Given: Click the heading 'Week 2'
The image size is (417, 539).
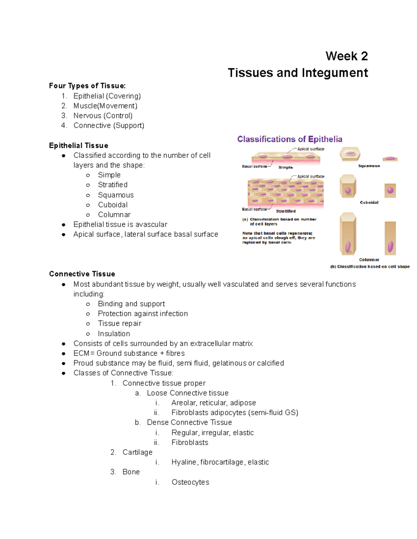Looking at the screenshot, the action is (346, 56).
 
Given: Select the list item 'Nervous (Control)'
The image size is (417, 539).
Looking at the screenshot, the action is (103, 116).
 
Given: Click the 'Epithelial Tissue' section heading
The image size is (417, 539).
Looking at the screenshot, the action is (79, 145).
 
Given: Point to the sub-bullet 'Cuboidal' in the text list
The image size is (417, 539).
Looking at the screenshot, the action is (113, 205).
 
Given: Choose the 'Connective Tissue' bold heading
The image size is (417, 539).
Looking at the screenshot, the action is (82, 274).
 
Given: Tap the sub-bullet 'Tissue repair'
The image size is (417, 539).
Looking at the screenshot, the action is (120, 323).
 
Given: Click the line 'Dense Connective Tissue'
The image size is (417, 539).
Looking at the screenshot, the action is (189, 422).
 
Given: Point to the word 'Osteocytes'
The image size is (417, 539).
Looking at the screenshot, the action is (190, 482).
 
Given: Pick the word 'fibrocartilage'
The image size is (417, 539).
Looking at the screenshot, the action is (222, 462).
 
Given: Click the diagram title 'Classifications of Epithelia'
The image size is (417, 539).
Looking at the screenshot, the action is (290, 139).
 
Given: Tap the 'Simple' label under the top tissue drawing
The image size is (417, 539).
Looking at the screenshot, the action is (285, 167).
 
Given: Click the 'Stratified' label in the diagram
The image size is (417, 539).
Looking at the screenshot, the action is (286, 211).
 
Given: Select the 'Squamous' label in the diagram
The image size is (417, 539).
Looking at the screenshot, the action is (369, 166).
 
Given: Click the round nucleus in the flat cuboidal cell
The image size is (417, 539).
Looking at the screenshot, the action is (390, 190).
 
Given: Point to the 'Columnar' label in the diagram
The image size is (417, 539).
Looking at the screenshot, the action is (369, 260).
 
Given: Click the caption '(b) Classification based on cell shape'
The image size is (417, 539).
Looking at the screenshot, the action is (370, 267).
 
